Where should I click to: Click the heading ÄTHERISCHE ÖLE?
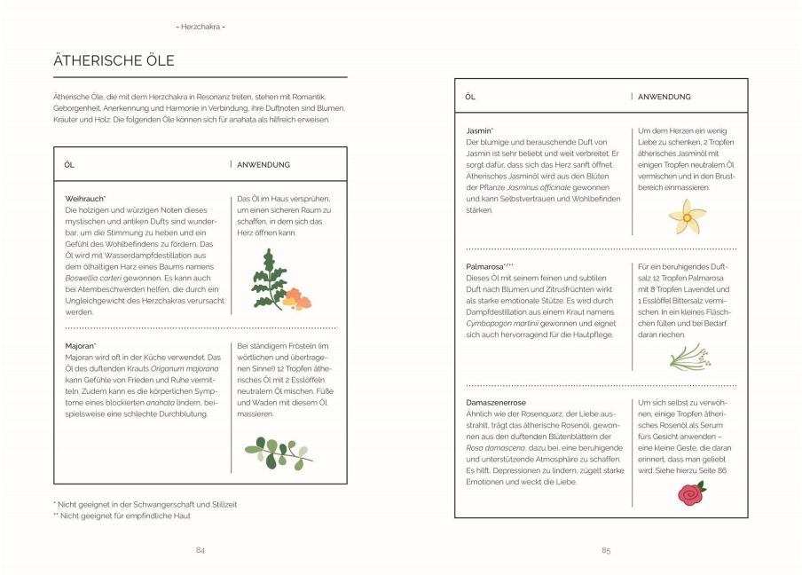pyautogui.click(x=114, y=61)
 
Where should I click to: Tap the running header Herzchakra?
pyautogui.click(x=200, y=27)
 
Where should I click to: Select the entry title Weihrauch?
pyautogui.click(x=85, y=198)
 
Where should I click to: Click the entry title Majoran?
pyautogui.click(x=81, y=345)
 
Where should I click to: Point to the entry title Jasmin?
pyautogui.click(x=479, y=130)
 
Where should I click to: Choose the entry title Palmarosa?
pyautogui.click(x=488, y=266)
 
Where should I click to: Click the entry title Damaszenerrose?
pyautogui.click(x=498, y=402)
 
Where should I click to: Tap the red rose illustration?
pyautogui.click(x=691, y=492)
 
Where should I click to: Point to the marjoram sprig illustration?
pyautogui.click(x=278, y=452)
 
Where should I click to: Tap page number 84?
pyautogui.click(x=200, y=550)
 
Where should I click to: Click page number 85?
pyautogui.click(x=606, y=550)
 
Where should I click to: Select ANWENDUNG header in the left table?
pyautogui.click(x=263, y=164)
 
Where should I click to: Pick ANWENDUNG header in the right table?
pyautogui.click(x=664, y=97)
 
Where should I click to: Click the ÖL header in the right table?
pyautogui.click(x=470, y=97)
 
